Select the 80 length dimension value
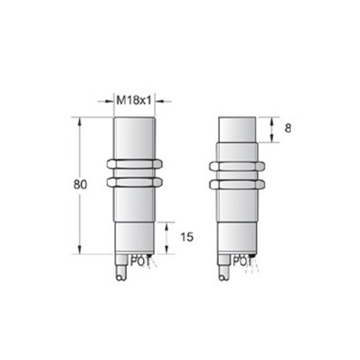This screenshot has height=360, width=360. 80,185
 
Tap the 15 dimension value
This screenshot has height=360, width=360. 186,237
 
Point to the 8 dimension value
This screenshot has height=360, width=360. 288,128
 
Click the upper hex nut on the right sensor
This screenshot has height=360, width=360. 237,166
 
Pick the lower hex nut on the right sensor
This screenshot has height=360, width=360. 237,183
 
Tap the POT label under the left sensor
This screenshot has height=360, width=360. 139,260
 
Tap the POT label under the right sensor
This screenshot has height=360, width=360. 241,260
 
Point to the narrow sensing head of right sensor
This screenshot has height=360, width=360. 238,129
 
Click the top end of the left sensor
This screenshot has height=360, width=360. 134,120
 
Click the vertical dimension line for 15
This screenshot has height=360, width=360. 167,237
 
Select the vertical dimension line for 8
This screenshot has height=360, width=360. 271,129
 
